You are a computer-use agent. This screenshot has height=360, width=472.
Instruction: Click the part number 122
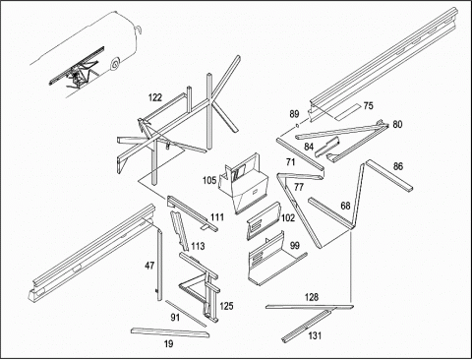pyautogui.click(x=155, y=97)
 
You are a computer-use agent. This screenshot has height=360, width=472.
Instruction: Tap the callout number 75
pyautogui.click(x=369, y=106)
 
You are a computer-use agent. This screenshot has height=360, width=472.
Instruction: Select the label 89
pyautogui.click(x=294, y=114)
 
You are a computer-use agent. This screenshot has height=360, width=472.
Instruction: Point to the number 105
pyautogui.click(x=209, y=180)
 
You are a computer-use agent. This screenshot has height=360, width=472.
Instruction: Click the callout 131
pyautogui.click(x=315, y=335)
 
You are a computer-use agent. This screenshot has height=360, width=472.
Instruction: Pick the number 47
pyautogui.click(x=149, y=266)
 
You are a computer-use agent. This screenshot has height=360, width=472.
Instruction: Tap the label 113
pyautogui.click(x=198, y=246)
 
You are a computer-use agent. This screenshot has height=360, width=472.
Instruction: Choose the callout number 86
pyautogui.click(x=398, y=166)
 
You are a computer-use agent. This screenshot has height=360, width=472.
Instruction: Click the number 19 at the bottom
pyautogui.click(x=168, y=344)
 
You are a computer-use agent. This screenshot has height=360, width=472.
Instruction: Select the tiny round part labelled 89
pyautogui.click(x=297, y=125)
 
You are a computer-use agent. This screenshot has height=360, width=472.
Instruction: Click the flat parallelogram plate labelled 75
pyautogui.click(x=348, y=111)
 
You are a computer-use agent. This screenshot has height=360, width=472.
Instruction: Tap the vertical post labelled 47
pyautogui.click(x=159, y=265)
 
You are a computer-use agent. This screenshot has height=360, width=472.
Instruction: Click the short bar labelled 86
pyautogui.click(x=389, y=175)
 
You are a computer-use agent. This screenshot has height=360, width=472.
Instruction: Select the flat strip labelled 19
pyautogui.click(x=170, y=332)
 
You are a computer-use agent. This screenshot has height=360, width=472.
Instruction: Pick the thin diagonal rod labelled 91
pyautogui.click(x=186, y=314)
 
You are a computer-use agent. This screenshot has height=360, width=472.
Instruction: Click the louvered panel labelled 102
pyautogui.click(x=264, y=221)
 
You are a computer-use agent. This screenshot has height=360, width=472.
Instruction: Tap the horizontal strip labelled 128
pyautogui.click(x=310, y=307)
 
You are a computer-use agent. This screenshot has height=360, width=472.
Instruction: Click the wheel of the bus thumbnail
pyautogui.click(x=115, y=65)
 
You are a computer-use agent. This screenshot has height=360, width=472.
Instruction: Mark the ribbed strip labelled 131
pyautogui.click(x=307, y=327)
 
